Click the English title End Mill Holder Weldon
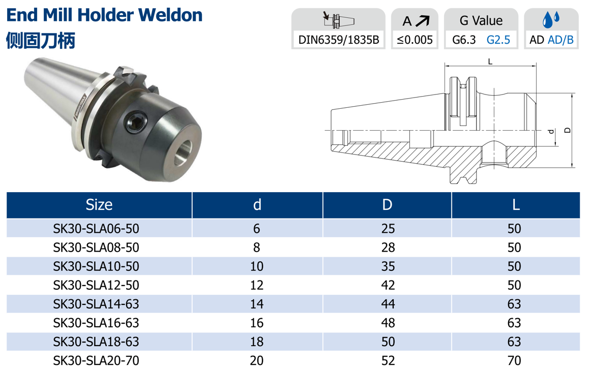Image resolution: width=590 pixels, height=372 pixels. click(x=104, y=15)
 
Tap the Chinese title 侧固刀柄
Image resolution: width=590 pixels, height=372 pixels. click(x=41, y=40)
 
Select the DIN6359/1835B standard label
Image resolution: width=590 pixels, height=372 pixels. click(x=339, y=40)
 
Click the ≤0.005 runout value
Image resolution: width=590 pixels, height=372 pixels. click(x=415, y=40)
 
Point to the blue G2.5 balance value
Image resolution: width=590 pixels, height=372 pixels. click(x=498, y=40)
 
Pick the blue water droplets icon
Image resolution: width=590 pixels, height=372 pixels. click(x=550, y=20)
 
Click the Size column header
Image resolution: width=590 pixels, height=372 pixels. click(x=99, y=205)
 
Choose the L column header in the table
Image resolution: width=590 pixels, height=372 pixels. click(x=515, y=205)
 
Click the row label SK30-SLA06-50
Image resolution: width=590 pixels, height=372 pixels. click(x=96, y=229)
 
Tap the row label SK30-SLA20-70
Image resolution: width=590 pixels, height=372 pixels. click(x=96, y=360)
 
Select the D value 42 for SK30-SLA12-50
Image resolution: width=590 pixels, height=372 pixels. click(x=388, y=285)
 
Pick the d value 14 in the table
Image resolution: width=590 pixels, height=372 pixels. click(x=257, y=304)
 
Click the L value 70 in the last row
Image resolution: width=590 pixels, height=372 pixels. click(x=514, y=360)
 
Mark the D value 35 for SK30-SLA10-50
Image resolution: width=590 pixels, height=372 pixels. click(x=388, y=266)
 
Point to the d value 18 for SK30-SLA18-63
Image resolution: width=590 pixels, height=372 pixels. click(x=257, y=342)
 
